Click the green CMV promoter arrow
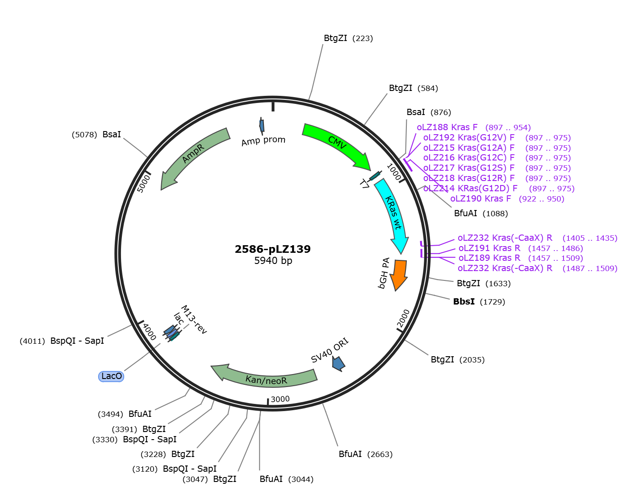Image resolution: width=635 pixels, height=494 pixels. (336, 143)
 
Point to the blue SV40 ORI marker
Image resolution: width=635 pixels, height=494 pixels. (338, 364)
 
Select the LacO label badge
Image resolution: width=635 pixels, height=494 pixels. (111, 376)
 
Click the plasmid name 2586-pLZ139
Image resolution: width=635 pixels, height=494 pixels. (273, 249)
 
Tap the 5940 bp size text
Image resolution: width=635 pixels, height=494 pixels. (273, 260)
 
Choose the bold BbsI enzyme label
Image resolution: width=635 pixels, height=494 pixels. (464, 301)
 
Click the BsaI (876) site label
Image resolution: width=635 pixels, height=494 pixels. (429, 112)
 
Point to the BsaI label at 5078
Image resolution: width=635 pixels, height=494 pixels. (96, 135)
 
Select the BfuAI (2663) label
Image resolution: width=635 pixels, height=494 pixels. (366, 454)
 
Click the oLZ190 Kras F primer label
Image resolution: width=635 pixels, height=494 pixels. (507, 198)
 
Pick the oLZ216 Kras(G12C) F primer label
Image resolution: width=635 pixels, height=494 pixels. (497, 158)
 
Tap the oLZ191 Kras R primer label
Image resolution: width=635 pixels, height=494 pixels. (520, 248)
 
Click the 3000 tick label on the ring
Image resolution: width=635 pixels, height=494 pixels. (280, 399)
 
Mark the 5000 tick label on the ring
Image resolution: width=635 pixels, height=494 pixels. (144, 183)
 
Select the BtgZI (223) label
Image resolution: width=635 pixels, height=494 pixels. (348, 38)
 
